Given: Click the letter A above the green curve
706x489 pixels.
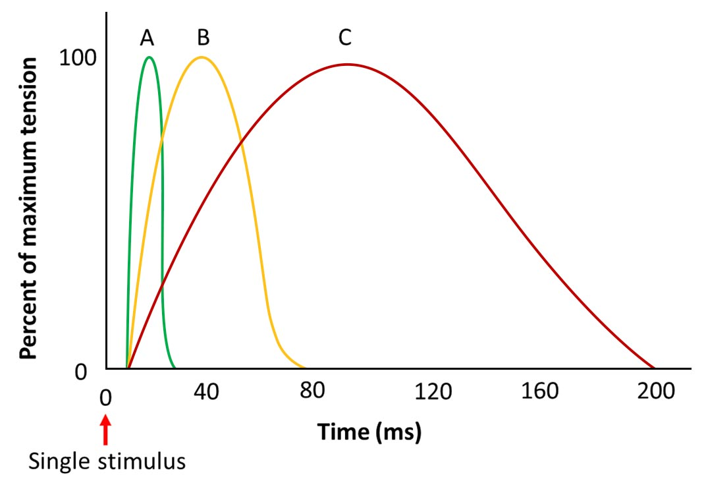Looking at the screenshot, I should (147, 38).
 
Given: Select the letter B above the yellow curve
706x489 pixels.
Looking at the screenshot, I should (203, 38).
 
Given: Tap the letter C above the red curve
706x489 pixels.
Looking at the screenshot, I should (345, 38).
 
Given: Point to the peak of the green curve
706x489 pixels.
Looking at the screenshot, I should (149, 57).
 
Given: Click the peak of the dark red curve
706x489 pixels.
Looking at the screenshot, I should (347, 65).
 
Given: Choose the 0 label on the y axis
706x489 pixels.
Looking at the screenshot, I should (80, 373).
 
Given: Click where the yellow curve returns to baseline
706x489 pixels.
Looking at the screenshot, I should (303, 367).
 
